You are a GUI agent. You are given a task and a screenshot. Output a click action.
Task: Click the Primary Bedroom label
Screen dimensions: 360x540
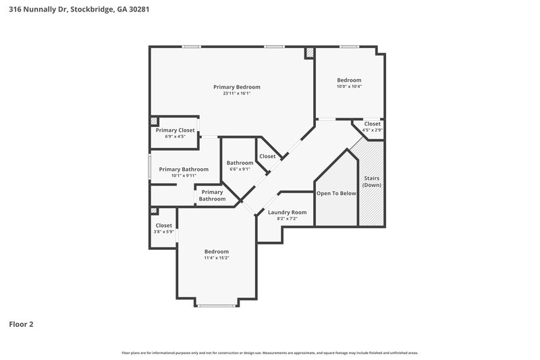click(x=236, y=87)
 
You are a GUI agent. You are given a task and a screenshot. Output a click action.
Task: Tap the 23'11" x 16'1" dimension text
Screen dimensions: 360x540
click(x=236, y=93)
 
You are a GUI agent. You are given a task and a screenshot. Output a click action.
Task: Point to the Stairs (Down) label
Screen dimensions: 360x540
click(x=371, y=182)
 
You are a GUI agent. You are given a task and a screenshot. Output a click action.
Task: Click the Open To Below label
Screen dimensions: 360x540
click(x=336, y=193)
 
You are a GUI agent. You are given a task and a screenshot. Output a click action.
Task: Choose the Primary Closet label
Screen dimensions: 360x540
click(x=175, y=130)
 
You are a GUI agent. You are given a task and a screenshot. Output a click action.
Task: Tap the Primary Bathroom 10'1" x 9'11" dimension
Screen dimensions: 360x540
click(x=184, y=176)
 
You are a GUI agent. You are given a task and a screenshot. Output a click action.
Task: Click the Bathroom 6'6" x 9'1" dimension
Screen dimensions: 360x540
click(x=240, y=169)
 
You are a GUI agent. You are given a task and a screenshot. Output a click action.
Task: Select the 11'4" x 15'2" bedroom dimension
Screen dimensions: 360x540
click(x=216, y=257)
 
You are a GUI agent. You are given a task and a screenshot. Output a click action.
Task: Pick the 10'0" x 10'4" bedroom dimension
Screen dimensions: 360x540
click(x=349, y=86)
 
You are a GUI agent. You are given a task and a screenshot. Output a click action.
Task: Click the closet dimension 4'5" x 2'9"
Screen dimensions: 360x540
click(x=372, y=130)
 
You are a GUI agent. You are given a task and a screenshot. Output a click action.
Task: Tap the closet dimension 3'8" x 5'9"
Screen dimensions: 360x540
click(x=163, y=232)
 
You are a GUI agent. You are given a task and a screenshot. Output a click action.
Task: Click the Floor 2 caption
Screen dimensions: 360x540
click(x=21, y=324)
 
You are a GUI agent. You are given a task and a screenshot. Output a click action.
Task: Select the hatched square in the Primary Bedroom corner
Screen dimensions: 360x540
click(x=310, y=52)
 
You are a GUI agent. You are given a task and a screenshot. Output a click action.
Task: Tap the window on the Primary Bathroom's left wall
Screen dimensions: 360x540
click(x=149, y=167)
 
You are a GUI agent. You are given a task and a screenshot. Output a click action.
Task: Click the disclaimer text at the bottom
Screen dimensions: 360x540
click(x=269, y=353)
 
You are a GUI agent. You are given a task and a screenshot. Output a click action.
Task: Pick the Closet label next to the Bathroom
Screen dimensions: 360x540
click(x=267, y=156)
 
